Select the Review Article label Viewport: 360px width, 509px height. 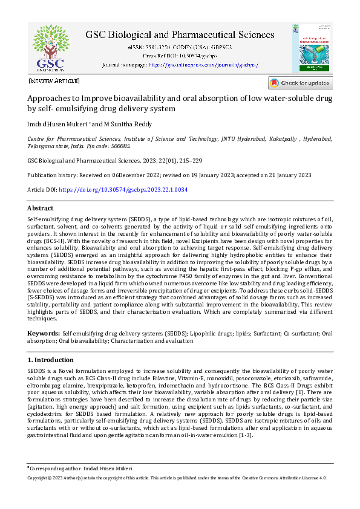pyautogui.click(x=54, y=80)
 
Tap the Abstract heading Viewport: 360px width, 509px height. pyautogui.click(x=41, y=208)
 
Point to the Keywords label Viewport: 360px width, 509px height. pyautogui.click(x=44, y=333)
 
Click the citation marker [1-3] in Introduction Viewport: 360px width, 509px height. pyautogui.click(x=244, y=436)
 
